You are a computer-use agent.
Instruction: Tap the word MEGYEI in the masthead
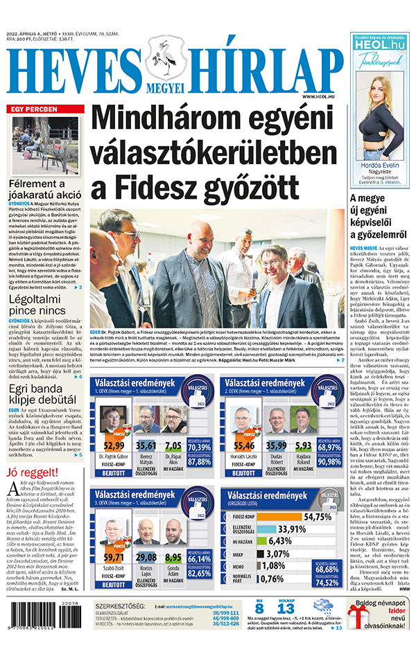168,88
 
